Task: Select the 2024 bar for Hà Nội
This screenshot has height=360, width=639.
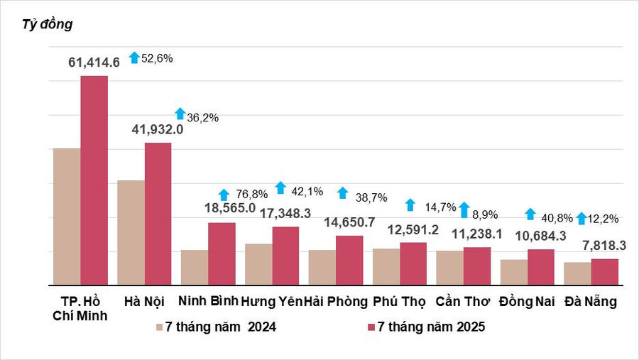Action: pos(131,232)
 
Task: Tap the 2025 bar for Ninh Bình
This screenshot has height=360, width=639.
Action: pos(222,253)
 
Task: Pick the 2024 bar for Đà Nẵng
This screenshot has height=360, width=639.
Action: pos(577,273)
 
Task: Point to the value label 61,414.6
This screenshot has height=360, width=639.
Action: pos(94,62)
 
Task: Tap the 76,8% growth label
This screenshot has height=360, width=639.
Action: pos(250,193)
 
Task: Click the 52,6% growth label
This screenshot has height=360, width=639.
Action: pos(157,58)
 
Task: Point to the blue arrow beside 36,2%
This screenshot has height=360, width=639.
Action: pos(180,114)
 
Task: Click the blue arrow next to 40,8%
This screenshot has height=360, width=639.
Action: pos(530,214)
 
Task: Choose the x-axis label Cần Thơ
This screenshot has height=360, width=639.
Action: pos(463,301)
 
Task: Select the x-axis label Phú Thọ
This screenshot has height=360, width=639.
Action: pos(399,301)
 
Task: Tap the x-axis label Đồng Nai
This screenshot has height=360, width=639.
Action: pos(527,301)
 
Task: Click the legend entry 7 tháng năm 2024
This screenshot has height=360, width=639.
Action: pos(220,327)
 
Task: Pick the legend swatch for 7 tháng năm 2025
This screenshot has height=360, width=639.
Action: pos(371,327)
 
